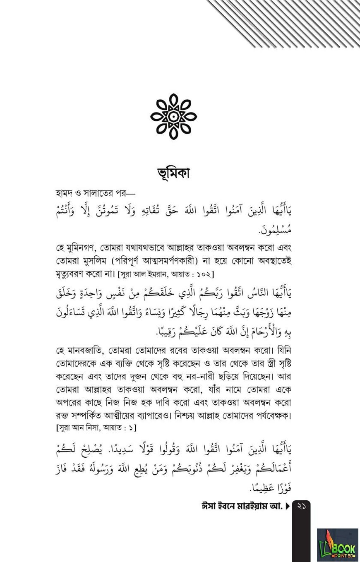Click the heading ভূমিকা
click(x=173, y=173)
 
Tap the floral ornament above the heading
click(x=173, y=116)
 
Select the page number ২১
click(x=301, y=506)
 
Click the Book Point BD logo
click(x=338, y=545)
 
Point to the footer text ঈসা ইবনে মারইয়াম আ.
click(x=242, y=506)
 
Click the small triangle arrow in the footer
click(x=288, y=506)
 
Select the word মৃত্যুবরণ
click(x=73, y=274)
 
